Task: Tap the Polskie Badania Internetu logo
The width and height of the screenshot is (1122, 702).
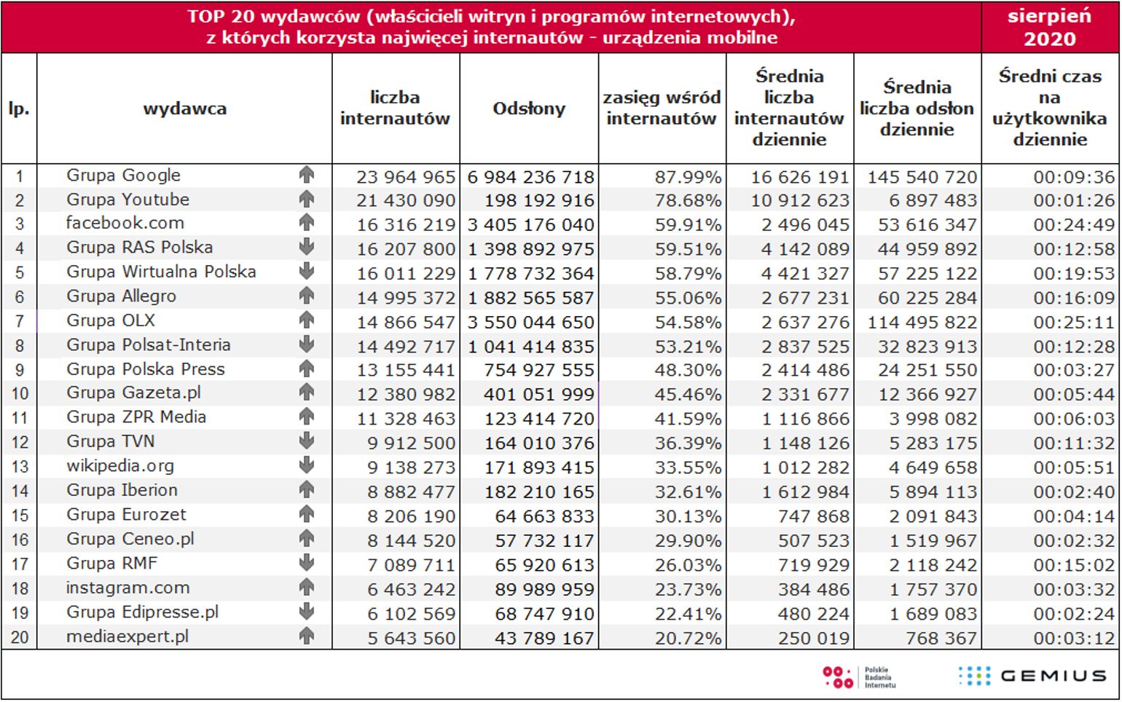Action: coord(859,677)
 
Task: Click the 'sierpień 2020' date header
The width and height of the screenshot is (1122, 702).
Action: coord(1049,27)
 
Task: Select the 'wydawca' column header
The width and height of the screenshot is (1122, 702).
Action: coord(184,109)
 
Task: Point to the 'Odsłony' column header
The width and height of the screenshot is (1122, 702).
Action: coord(529,109)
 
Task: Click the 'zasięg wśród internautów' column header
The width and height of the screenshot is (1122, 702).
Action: coord(662,108)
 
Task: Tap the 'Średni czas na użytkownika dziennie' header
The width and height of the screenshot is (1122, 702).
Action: coord(1050,108)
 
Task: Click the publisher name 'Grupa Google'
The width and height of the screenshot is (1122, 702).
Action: coord(123,175)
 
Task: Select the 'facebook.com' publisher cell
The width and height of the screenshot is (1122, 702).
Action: coord(125,224)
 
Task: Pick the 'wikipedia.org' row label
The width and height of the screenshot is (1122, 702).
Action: coord(119,466)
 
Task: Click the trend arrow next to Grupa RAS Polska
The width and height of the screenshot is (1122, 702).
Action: coord(307,248)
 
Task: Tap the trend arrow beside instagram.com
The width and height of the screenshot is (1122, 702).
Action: coord(307,587)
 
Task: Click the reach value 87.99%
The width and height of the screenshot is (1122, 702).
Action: coord(688,177)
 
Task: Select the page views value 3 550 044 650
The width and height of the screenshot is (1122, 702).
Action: coord(531,323)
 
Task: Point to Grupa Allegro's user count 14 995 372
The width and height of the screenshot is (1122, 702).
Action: coord(406,298)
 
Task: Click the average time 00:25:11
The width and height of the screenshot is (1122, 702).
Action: coord(1073,323)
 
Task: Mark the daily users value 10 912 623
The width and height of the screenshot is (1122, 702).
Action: coord(800,200)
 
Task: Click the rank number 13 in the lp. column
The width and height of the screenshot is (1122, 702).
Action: coord(20,467)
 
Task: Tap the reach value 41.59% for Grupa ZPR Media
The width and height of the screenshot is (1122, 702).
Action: coord(688,419)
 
